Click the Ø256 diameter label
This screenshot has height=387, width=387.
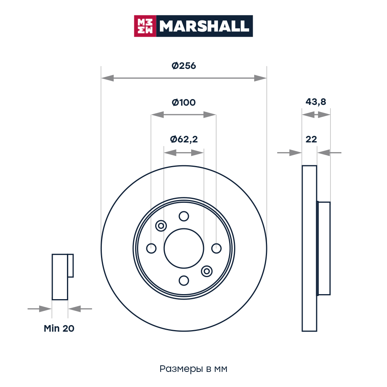pyautogui.click(x=183, y=66)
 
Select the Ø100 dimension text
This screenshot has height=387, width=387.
pyautogui.click(x=183, y=103)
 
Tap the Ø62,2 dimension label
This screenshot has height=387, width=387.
pyautogui.click(x=184, y=139)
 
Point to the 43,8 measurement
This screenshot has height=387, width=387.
pyautogui.click(x=316, y=102)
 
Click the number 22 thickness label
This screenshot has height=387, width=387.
pyautogui.click(x=311, y=139)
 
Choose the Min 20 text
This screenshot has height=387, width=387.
pyautogui.click(x=59, y=329)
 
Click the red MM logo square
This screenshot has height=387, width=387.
pyautogui.click(x=145, y=26)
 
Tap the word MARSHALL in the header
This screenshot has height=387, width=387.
pyautogui.click(x=204, y=26)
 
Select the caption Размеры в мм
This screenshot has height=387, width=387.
pyautogui.click(x=193, y=369)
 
